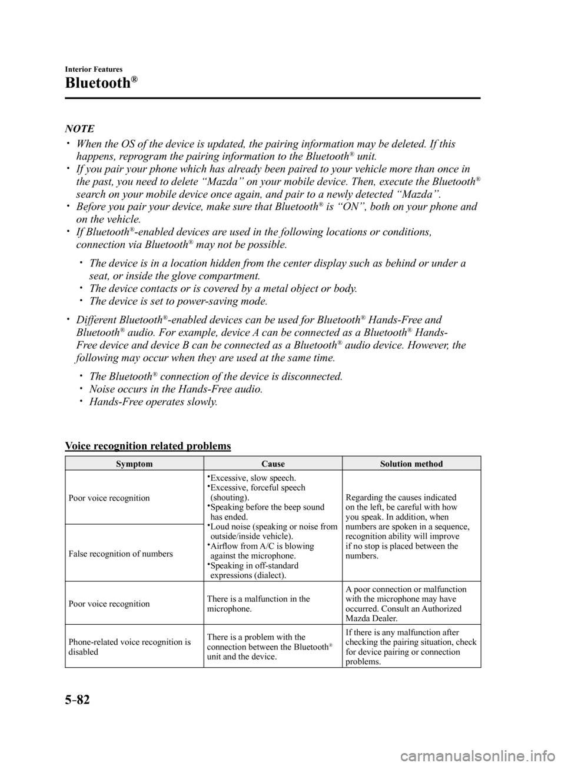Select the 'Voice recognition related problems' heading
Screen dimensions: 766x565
(x=148, y=446)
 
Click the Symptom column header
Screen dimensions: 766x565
(x=134, y=464)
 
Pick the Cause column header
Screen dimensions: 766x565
(x=272, y=464)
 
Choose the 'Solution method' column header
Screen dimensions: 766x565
(x=411, y=464)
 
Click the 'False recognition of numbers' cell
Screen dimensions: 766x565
(x=121, y=553)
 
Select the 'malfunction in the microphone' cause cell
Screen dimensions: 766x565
(x=258, y=604)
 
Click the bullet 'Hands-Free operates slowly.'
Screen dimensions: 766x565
(x=153, y=402)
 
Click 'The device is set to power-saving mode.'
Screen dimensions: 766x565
(x=178, y=301)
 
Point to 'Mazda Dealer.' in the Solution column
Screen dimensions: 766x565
(x=371, y=618)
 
